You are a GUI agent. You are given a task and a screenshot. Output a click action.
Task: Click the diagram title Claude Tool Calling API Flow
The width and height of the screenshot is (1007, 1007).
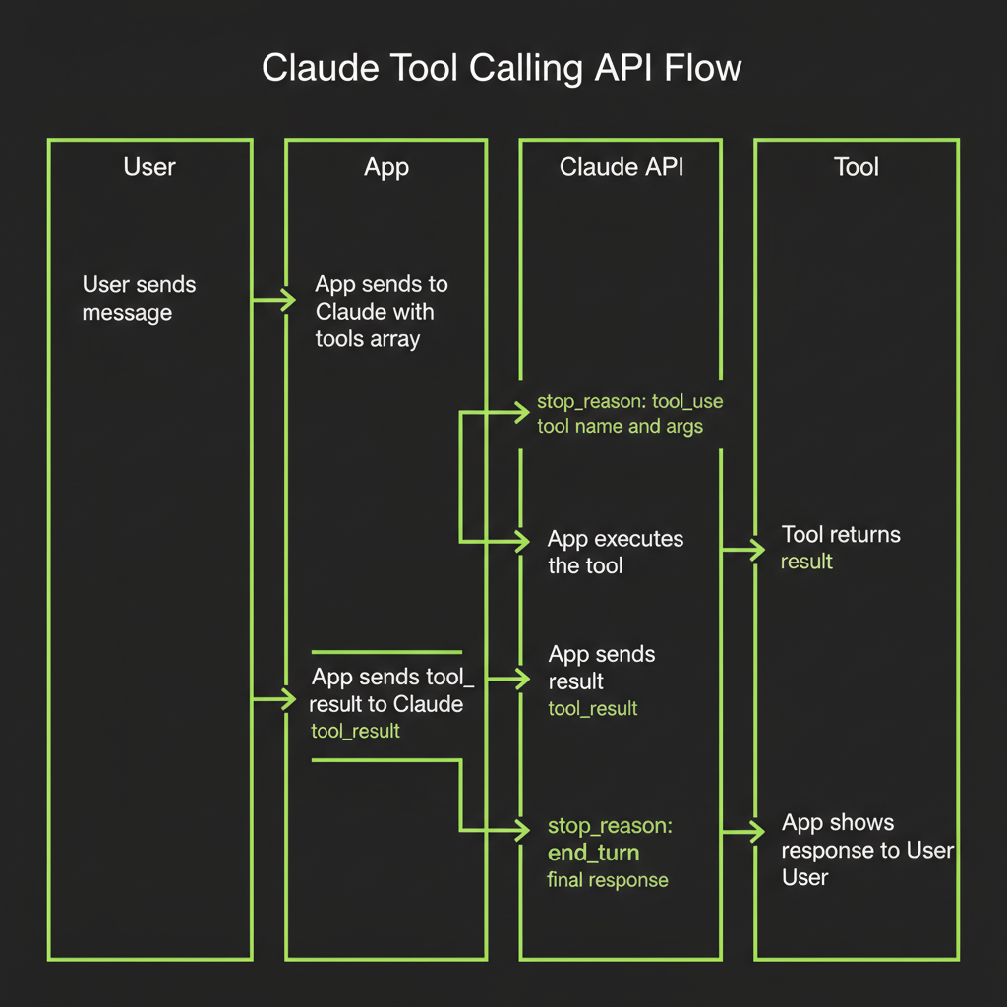click(x=502, y=70)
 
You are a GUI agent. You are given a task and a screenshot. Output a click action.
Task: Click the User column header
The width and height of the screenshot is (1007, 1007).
click(x=149, y=167)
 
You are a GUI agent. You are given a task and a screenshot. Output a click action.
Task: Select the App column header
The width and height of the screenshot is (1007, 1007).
click(x=386, y=168)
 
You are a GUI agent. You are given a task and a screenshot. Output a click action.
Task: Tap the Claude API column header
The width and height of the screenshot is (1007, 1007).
click(x=621, y=167)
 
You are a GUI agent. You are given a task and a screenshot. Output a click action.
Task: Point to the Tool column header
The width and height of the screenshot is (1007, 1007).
click(x=856, y=167)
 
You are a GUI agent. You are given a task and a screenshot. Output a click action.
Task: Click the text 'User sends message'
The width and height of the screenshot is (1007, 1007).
click(x=139, y=299)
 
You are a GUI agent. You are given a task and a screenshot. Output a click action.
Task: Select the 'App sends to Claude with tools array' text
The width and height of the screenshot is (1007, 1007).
click(x=381, y=312)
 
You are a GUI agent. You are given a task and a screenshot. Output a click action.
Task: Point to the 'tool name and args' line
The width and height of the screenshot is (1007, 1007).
click(x=620, y=427)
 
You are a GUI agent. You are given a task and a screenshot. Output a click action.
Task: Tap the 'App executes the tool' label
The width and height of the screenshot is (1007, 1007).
click(x=615, y=552)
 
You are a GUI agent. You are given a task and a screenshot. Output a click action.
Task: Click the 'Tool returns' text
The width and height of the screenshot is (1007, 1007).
click(x=840, y=535)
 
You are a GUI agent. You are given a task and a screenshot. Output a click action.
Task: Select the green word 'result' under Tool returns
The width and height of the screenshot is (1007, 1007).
click(x=806, y=562)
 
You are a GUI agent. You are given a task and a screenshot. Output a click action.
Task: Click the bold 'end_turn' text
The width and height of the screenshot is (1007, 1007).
click(x=593, y=853)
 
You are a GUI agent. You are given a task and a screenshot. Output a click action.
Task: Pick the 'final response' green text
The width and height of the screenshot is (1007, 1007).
click(x=607, y=880)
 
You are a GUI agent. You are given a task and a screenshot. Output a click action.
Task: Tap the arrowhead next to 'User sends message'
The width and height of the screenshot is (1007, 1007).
click(x=287, y=300)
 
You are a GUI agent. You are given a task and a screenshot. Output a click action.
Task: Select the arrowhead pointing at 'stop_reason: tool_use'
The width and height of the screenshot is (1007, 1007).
click(x=522, y=413)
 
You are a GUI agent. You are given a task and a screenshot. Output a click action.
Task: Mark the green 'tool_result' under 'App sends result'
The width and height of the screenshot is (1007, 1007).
click(x=592, y=708)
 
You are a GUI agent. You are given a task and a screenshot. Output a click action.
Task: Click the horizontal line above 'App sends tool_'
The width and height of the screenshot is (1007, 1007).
click(x=385, y=652)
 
